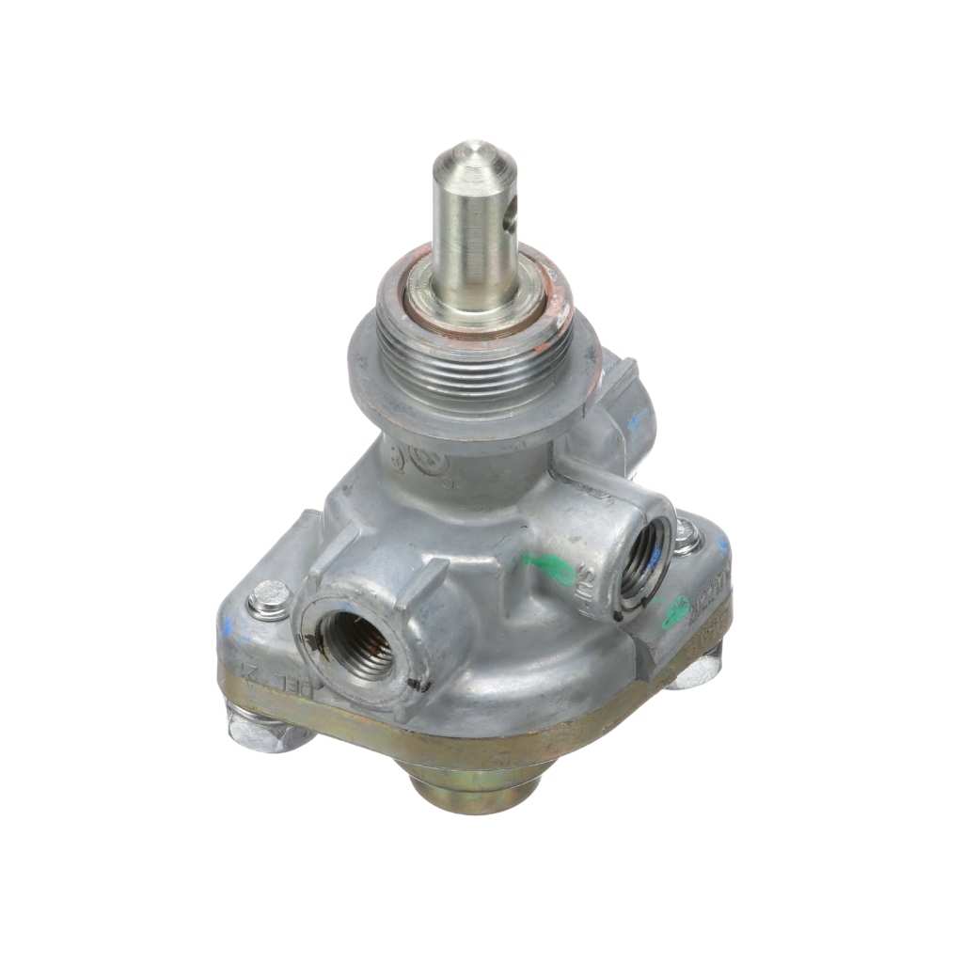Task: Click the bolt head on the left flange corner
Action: coord(271,599)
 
